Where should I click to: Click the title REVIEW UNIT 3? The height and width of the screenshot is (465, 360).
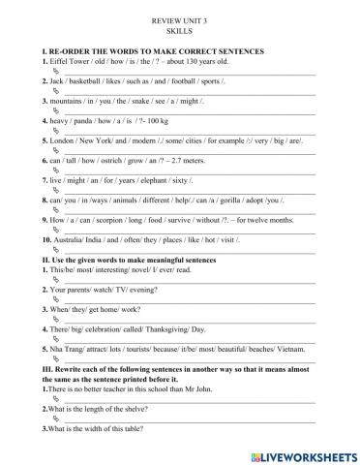tap(181, 19)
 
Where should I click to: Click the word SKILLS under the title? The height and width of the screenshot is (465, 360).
tap(181, 31)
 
